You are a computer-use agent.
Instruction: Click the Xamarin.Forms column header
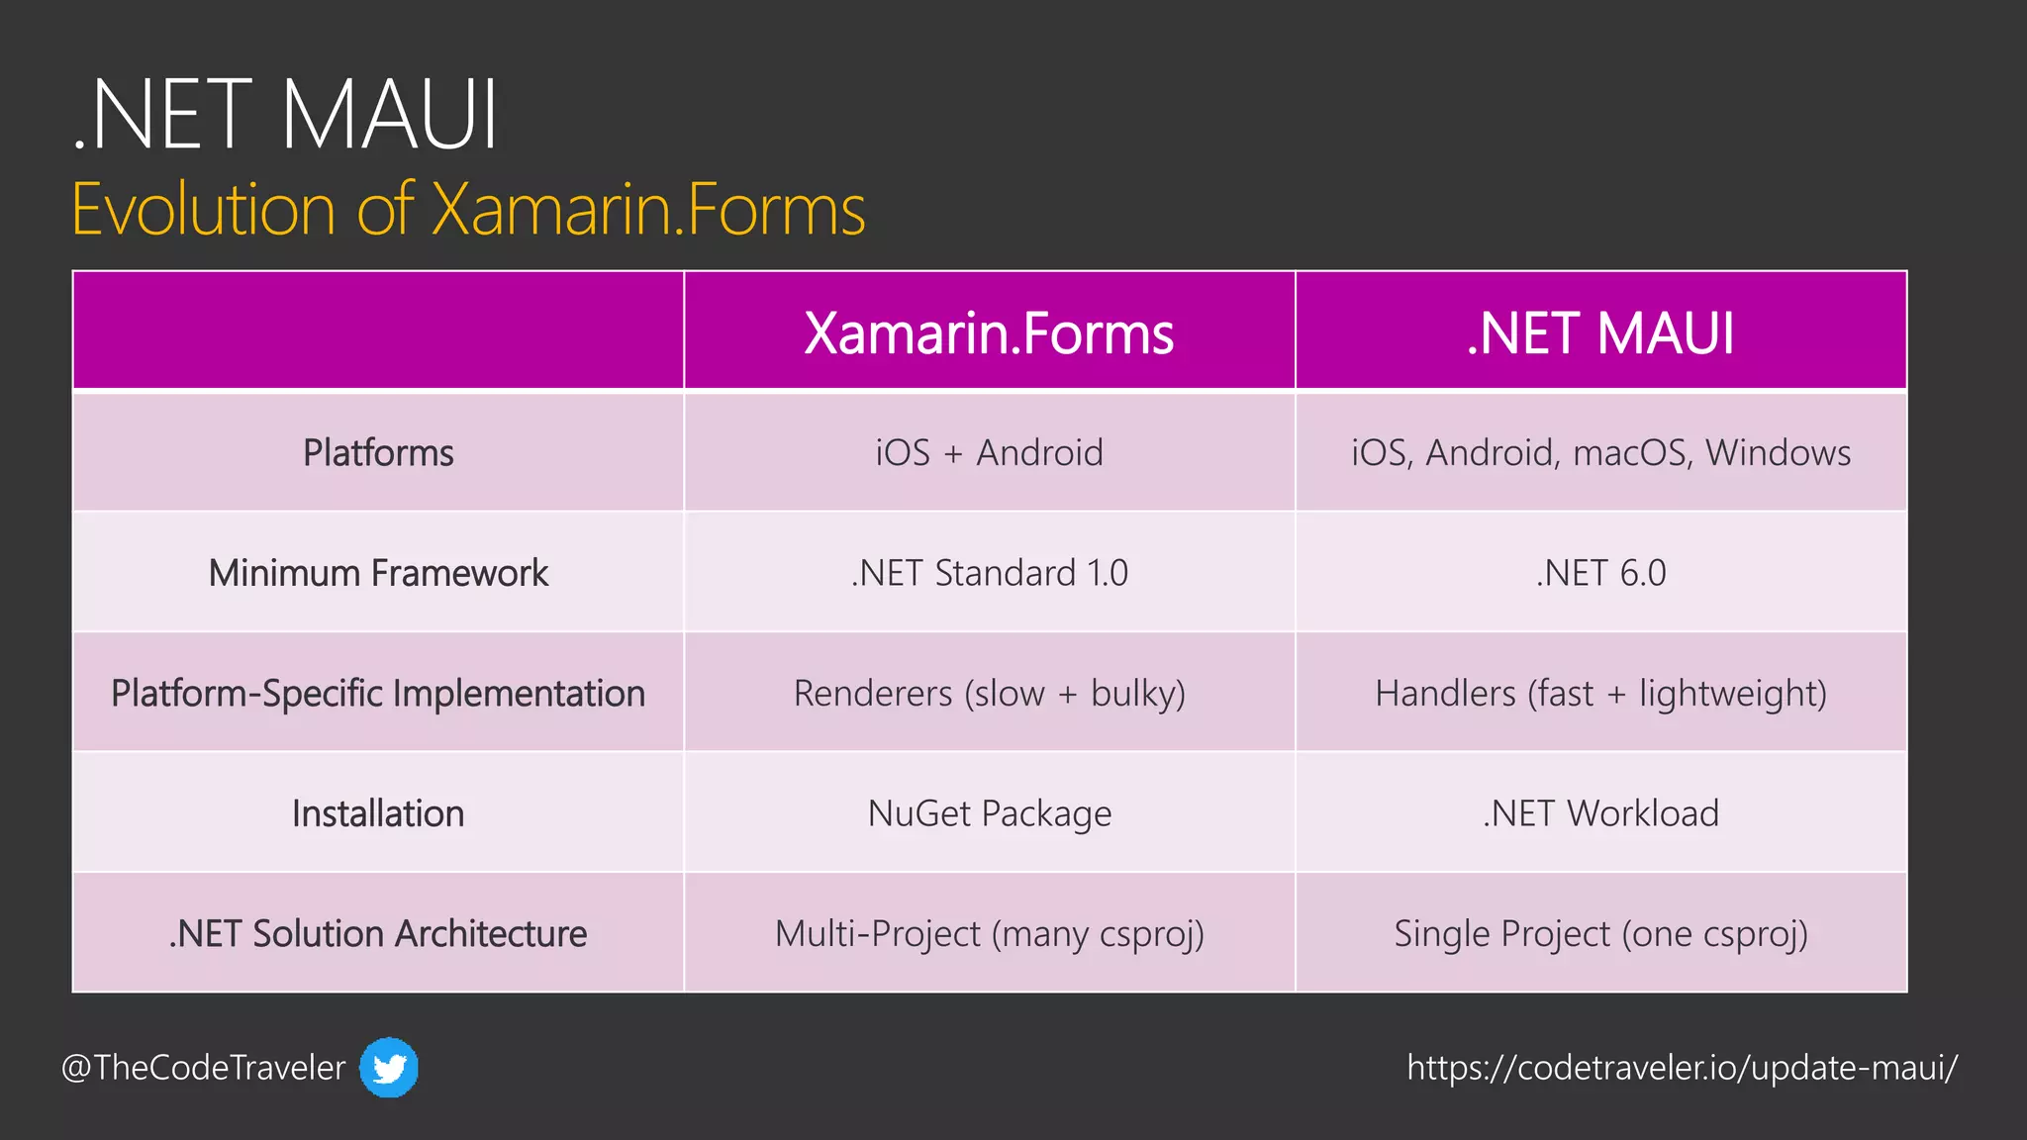[x=989, y=333]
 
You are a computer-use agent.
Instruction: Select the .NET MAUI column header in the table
[x=1600, y=333]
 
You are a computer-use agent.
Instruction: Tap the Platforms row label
[x=378, y=453]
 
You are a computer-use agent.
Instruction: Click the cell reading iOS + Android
[x=989, y=453]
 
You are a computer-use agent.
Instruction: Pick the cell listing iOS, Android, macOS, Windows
[x=1600, y=453]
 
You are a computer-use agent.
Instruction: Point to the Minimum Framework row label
[x=378, y=573]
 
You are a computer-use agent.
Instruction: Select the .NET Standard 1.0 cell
[x=989, y=573]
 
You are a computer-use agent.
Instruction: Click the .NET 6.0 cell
[x=1600, y=573]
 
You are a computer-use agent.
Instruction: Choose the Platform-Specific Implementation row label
[x=378, y=693]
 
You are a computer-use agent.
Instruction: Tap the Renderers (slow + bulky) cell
[x=989, y=693]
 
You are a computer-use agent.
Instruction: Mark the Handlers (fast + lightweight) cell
[x=1600, y=693]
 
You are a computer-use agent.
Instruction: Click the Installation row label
[x=378, y=813]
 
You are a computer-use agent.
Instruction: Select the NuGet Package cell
[x=989, y=813]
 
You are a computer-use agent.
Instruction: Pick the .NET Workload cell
[x=1600, y=813]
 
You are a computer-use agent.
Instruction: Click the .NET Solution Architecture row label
[x=378, y=933]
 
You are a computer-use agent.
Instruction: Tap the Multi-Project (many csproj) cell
[x=989, y=933]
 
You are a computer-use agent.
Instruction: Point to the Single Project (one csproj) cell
[x=1600, y=933]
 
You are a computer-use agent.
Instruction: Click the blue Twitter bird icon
[x=388, y=1068]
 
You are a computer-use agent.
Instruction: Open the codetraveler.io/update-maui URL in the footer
[x=1682, y=1068]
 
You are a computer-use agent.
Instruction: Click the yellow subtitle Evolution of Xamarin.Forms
[x=468, y=210]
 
